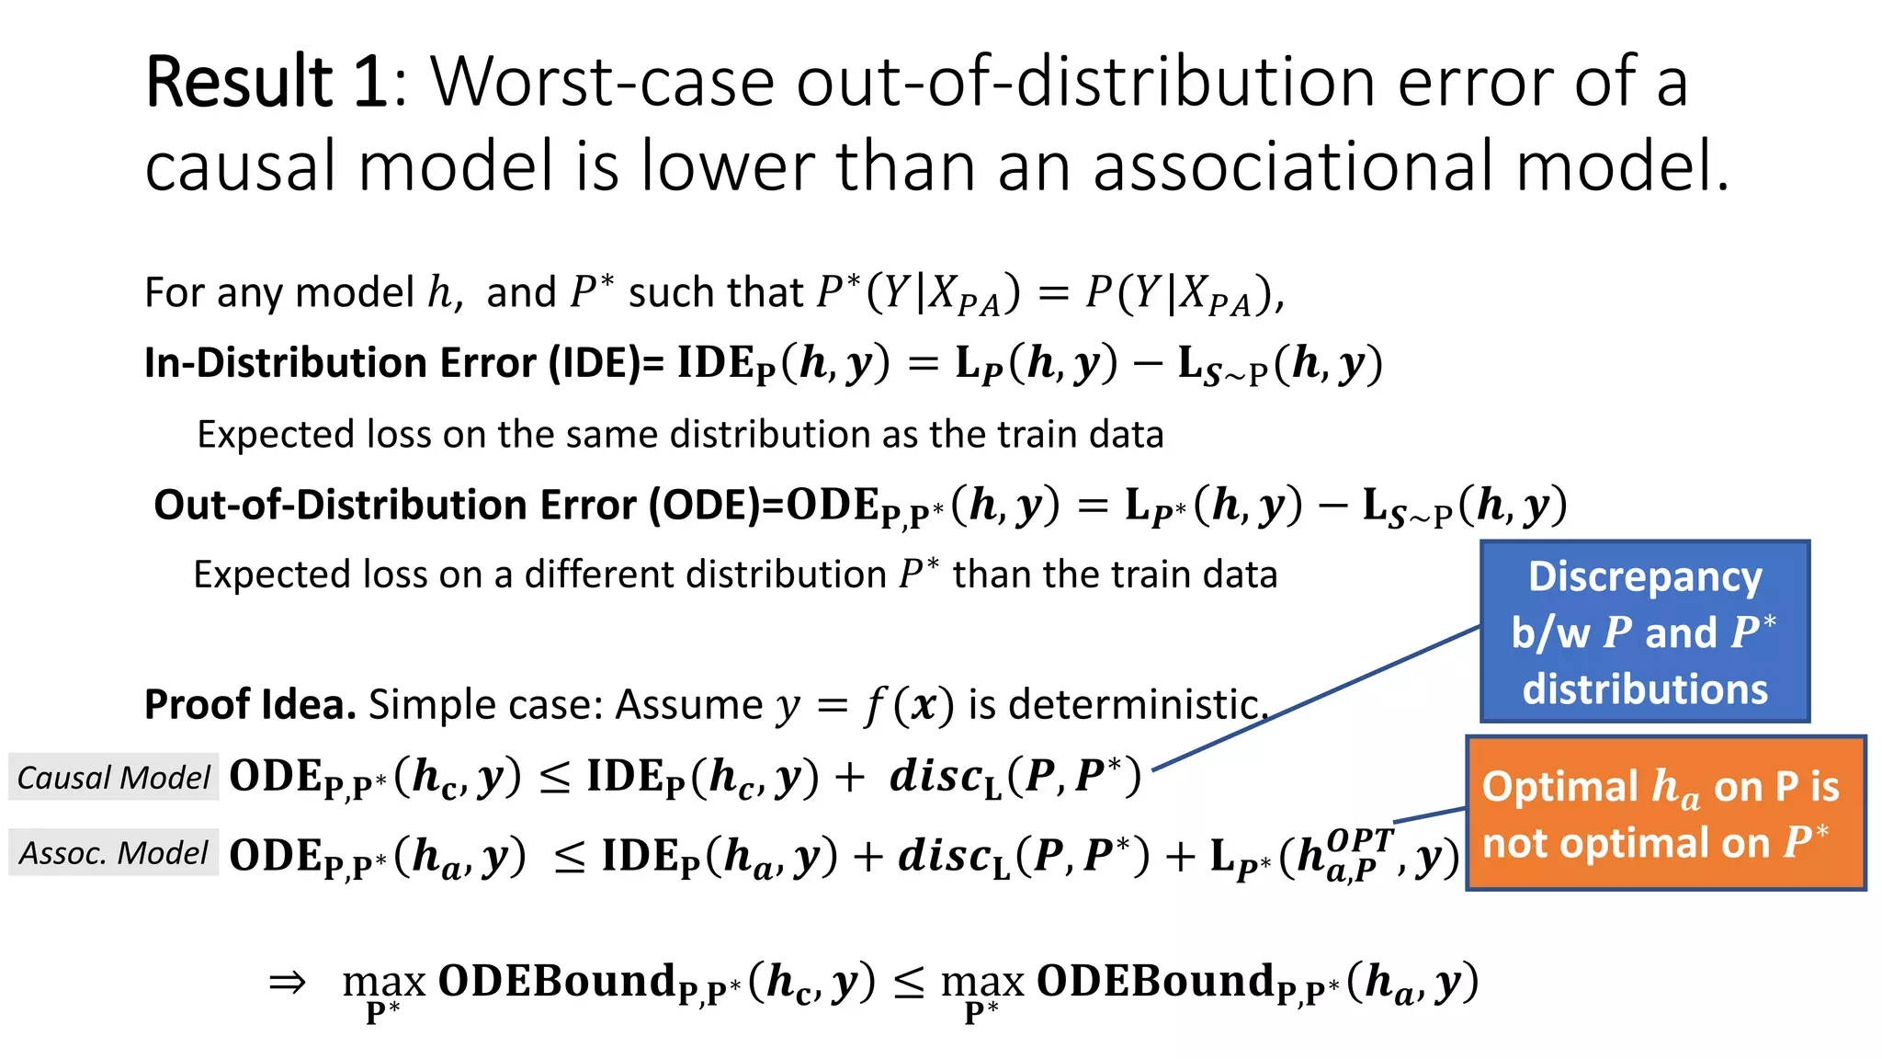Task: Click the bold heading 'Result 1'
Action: coord(266,83)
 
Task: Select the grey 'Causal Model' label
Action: coord(114,778)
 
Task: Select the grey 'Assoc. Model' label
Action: coord(114,853)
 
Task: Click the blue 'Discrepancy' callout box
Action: coord(1644,632)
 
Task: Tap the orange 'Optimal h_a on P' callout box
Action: coord(1665,814)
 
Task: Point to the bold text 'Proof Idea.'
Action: coord(250,705)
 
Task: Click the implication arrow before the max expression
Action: coord(287,982)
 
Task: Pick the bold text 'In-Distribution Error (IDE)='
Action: coord(404,363)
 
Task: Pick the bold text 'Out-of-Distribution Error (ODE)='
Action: coord(469,505)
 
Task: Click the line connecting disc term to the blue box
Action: coord(1314,699)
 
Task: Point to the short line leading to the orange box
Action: coord(1430,814)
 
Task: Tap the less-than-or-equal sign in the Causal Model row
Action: coord(554,778)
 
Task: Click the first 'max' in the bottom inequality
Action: coord(384,983)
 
